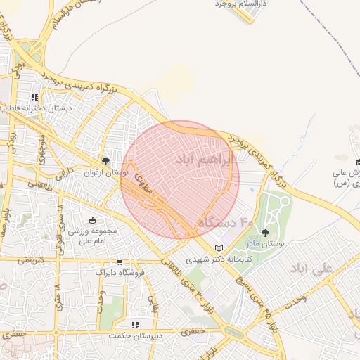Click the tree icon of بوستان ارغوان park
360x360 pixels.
(106, 162)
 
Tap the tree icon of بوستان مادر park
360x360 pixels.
(265, 233)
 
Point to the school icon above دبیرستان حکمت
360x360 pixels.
(135, 325)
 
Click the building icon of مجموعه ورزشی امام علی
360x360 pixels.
(93, 221)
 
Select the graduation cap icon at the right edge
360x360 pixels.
(356, 162)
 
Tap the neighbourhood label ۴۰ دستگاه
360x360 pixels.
(225, 222)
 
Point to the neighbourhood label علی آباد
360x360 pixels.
(309, 269)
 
